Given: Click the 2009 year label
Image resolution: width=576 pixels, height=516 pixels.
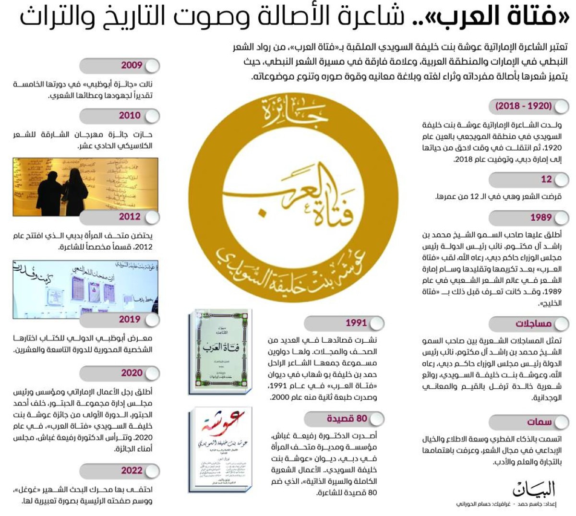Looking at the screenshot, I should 131,66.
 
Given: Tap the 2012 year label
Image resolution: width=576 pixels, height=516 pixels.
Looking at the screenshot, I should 130,217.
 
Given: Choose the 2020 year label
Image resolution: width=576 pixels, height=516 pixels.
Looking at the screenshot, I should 131,373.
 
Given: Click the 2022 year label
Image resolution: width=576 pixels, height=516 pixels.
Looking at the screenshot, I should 131,470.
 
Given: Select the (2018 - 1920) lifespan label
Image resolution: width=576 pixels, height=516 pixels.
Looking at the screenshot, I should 523,106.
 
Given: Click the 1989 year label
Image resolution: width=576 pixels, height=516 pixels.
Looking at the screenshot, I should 540,218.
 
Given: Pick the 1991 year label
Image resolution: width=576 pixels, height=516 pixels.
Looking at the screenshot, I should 356,323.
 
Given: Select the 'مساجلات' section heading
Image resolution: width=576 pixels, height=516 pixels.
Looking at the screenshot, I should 533,324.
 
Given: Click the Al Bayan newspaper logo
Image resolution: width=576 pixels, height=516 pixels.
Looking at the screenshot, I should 533,489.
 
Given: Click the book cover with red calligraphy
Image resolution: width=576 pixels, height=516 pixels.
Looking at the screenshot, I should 220,450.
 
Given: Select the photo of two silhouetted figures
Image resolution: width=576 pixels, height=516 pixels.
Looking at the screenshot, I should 85,187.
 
